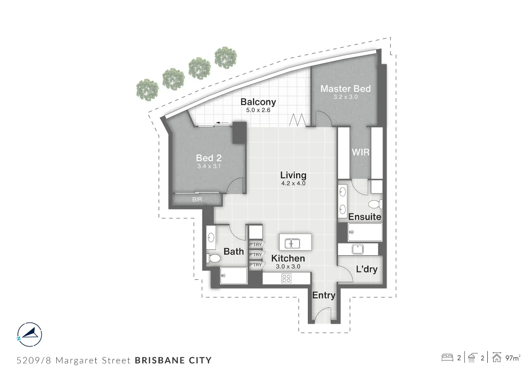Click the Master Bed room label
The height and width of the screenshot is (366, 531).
345,89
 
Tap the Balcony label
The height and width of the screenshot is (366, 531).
258,102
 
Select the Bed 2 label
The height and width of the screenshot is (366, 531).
209,158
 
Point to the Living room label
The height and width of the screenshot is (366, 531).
293,175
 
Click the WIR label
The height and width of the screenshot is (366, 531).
360,152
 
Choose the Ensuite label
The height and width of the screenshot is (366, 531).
364,217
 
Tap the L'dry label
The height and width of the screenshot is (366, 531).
366,270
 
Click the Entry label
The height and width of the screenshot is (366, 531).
324,295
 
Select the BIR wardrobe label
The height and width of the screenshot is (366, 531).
197,199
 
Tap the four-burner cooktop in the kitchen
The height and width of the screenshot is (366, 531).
286,279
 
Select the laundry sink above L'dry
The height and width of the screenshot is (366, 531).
358,249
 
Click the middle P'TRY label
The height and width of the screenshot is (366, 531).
256,255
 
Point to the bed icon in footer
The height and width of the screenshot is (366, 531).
447,358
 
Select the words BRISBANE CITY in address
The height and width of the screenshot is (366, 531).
173,360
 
